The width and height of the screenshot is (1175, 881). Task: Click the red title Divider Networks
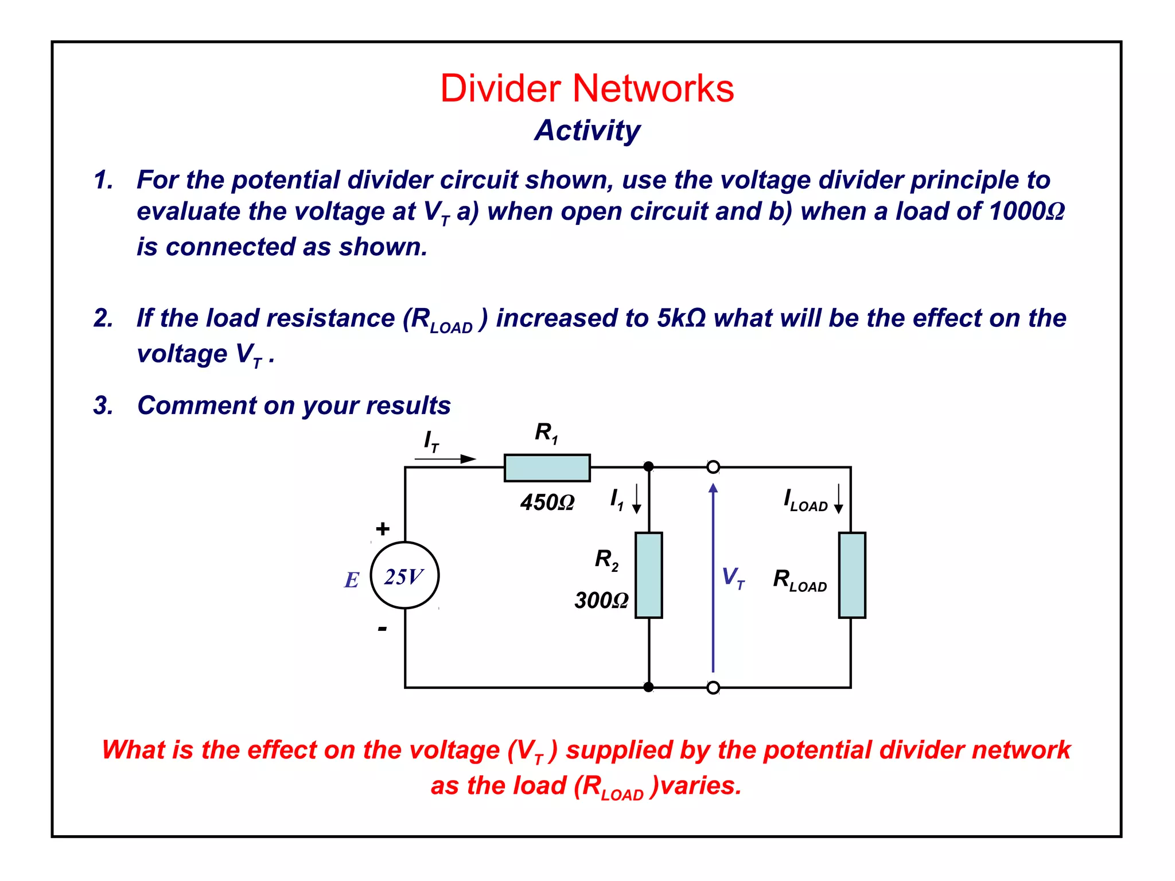(x=587, y=89)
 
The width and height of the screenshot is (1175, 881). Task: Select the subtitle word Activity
(x=587, y=131)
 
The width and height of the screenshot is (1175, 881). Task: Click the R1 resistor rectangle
(x=547, y=467)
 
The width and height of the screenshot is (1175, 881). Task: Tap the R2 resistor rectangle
(x=648, y=575)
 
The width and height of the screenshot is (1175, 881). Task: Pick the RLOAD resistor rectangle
(x=851, y=575)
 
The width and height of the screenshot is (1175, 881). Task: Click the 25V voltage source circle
(x=405, y=575)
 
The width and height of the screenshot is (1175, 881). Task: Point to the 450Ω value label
(x=547, y=503)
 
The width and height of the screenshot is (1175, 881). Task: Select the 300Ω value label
(x=601, y=601)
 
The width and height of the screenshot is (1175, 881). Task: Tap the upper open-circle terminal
(x=713, y=467)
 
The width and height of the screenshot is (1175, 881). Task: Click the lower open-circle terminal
(x=713, y=687)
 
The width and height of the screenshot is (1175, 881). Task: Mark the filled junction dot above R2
(x=648, y=466)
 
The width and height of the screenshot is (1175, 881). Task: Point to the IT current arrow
(x=446, y=459)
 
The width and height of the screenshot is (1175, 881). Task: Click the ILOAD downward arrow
(x=838, y=498)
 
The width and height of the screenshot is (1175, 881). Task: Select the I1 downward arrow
(x=636, y=498)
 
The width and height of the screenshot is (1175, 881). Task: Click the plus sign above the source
(x=383, y=528)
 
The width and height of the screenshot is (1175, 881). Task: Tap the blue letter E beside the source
(x=352, y=580)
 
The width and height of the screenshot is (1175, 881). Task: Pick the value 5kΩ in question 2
(x=681, y=318)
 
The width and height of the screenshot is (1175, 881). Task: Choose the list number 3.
(x=103, y=406)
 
